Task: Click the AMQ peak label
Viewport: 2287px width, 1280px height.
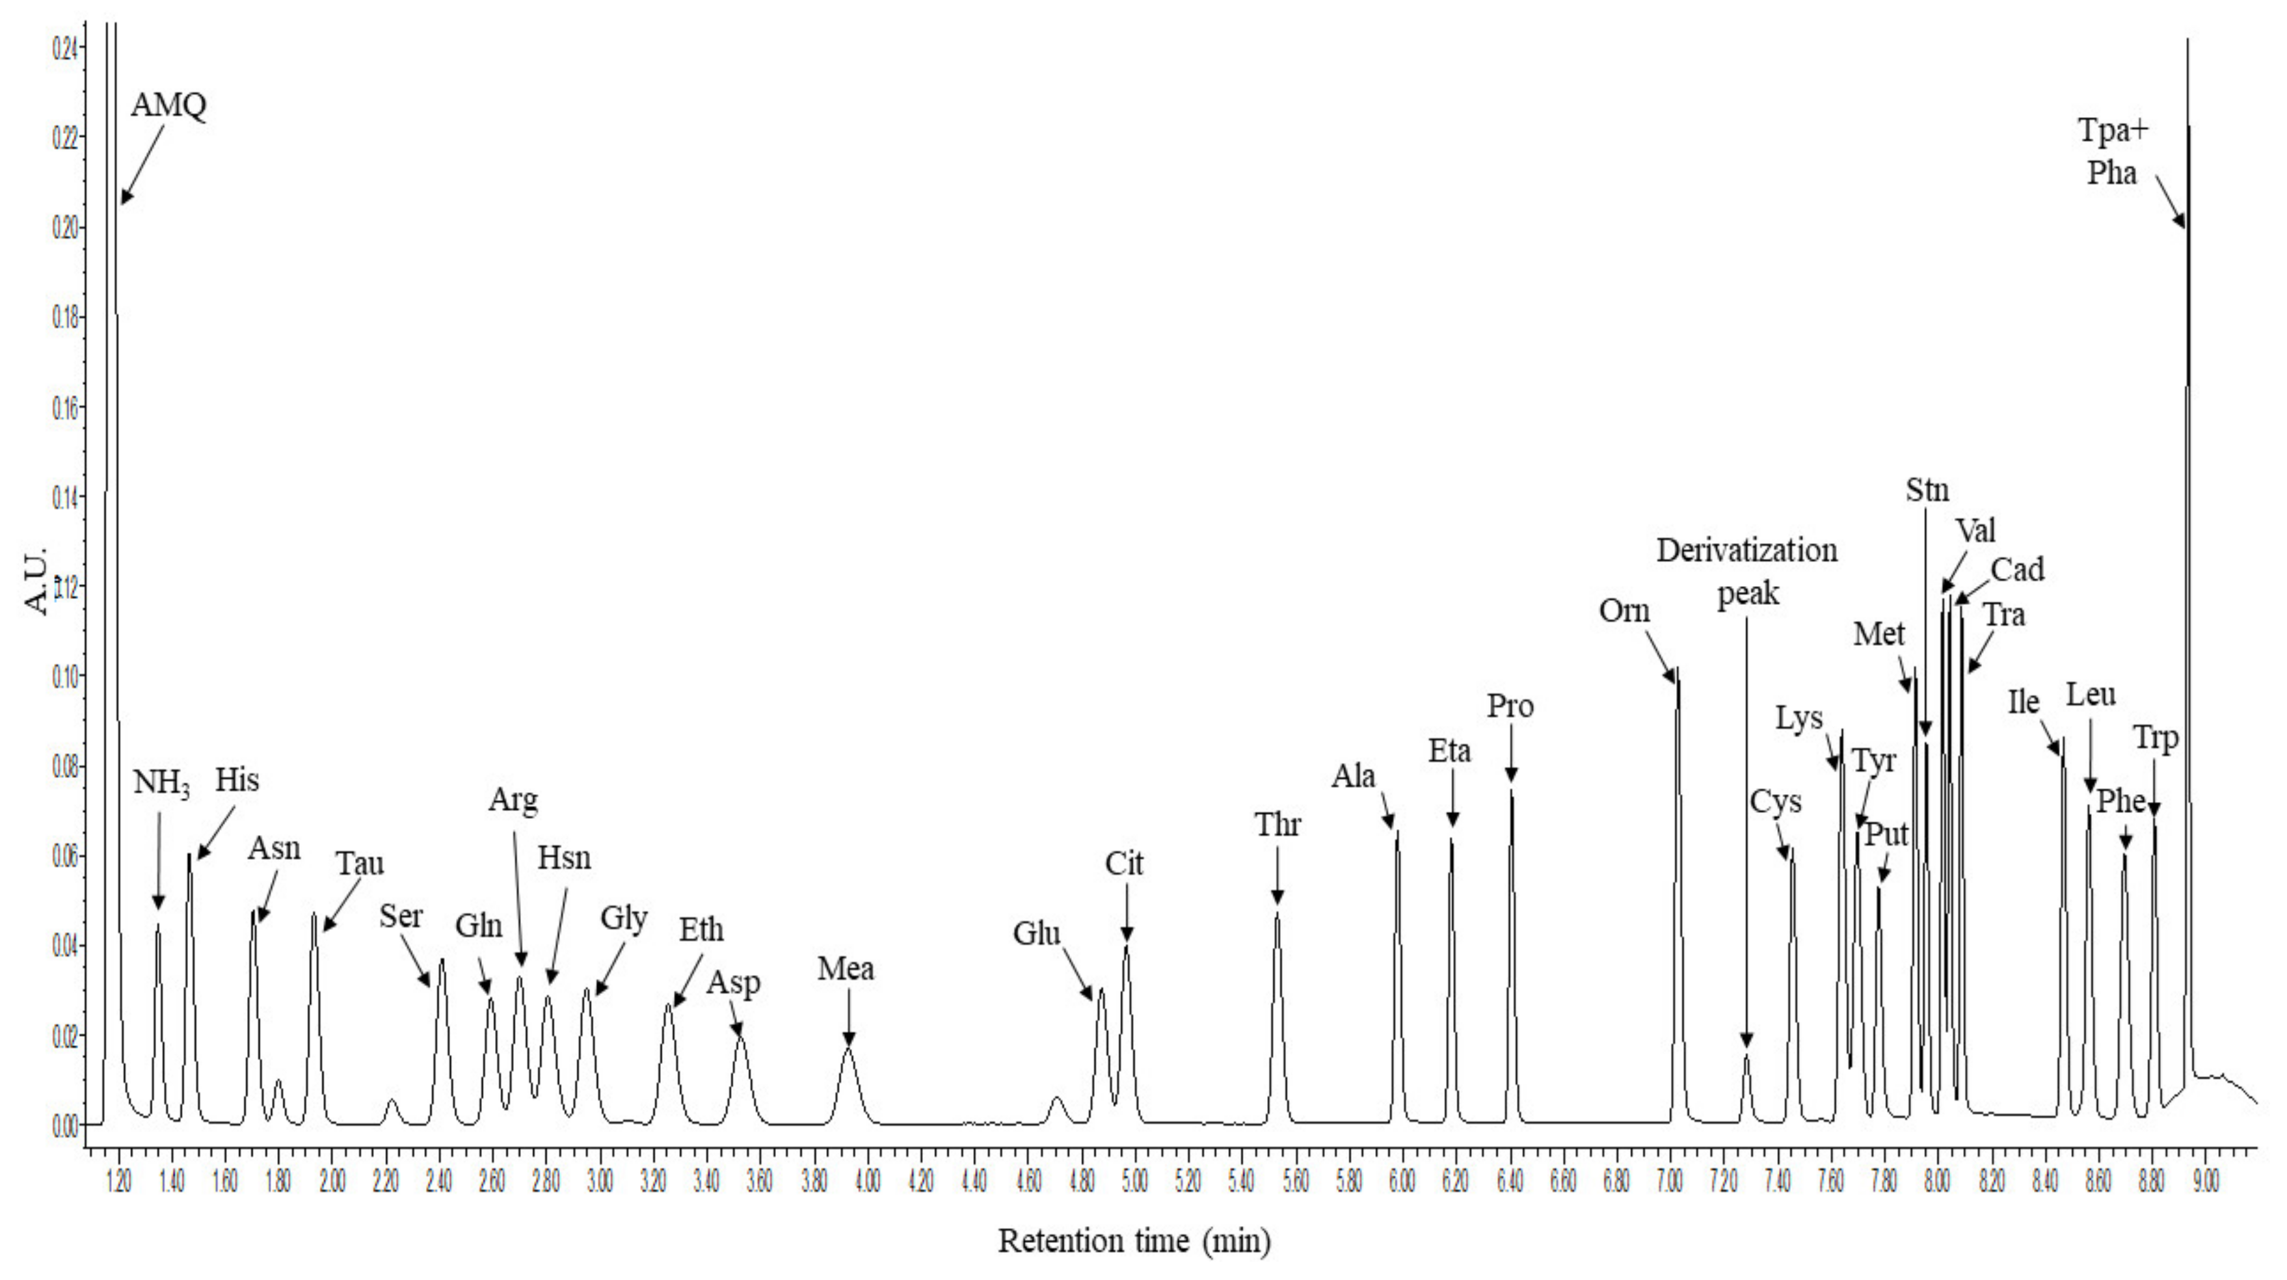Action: tap(168, 105)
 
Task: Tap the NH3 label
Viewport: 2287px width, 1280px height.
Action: tap(161, 783)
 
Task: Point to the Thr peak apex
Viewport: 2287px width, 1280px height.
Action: tap(1277, 913)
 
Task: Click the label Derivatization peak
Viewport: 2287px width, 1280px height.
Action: tap(1746, 571)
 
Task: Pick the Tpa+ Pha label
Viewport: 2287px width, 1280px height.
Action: tap(2112, 152)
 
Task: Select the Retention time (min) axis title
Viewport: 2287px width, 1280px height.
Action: tap(1134, 1240)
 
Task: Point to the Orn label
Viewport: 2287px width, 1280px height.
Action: tap(1624, 611)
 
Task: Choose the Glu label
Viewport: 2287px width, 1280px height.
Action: tap(1037, 934)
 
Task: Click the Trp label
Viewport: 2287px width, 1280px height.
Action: tap(2156, 738)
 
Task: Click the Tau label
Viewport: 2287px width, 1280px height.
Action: tap(360, 863)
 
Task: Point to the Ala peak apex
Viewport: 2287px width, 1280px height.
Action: tap(1397, 831)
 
